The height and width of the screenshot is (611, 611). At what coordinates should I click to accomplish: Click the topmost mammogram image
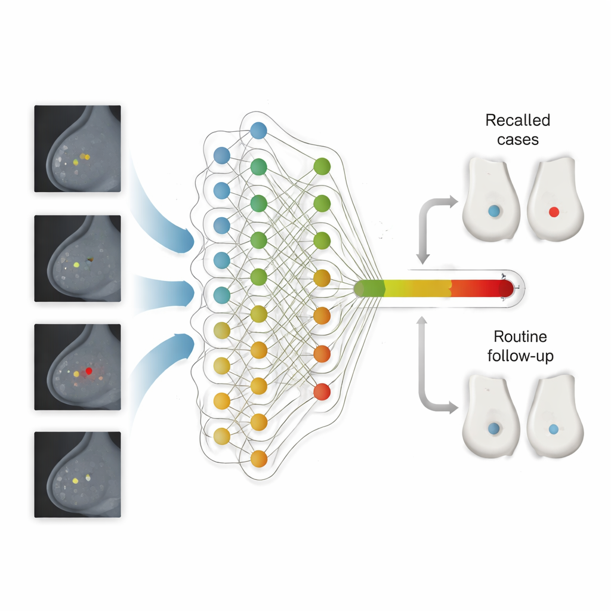(78, 149)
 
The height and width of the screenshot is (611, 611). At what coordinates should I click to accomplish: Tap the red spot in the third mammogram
(89, 371)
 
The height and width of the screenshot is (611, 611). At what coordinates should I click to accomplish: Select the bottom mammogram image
(78, 474)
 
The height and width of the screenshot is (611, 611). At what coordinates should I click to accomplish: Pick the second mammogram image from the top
(78, 258)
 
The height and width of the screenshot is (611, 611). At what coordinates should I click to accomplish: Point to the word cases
(517, 140)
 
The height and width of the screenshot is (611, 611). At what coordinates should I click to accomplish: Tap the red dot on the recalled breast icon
(553, 211)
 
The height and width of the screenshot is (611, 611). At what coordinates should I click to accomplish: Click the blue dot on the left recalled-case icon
(493, 211)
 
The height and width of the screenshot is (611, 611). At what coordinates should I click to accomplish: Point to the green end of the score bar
(364, 289)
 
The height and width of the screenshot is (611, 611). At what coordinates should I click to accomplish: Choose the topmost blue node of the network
(258, 130)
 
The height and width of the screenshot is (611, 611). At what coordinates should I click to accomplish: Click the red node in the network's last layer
(322, 391)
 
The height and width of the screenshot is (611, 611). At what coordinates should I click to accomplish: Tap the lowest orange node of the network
(258, 458)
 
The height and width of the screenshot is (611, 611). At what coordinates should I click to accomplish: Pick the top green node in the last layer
(322, 166)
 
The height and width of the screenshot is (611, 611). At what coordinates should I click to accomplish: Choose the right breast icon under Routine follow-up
(553, 418)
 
